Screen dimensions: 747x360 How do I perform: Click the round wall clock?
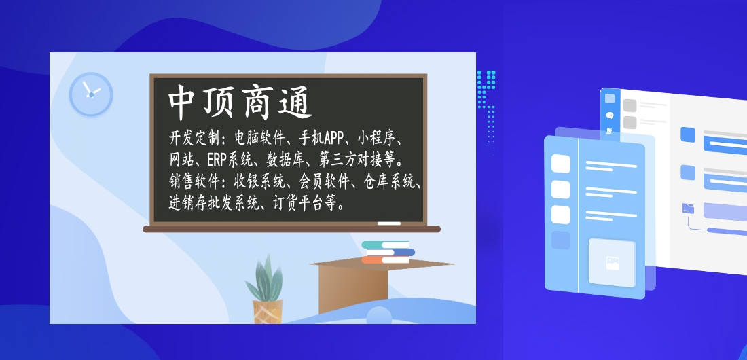point(91,94)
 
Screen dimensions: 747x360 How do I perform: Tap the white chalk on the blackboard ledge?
point(388,223)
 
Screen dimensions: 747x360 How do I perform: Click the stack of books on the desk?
point(388,252)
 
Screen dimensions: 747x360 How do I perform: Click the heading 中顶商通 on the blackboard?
point(240,102)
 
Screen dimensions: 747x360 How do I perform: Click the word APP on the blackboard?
point(334,139)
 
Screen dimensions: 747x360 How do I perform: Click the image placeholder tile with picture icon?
point(612,263)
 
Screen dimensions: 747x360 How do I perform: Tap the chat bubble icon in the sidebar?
point(609,115)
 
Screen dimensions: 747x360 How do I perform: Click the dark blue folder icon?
point(688,208)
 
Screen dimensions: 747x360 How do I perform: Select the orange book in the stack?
point(386,260)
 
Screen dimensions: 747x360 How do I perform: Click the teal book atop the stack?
point(385,245)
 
